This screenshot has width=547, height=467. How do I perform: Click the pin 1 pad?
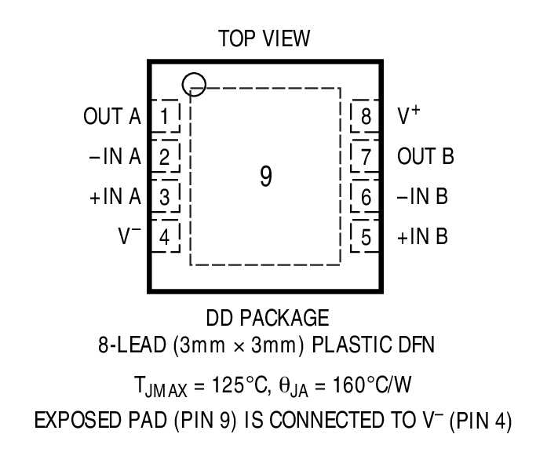tap(165, 118)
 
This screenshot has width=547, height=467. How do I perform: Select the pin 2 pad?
tap(165, 157)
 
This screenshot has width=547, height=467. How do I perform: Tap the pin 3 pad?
tap(165, 196)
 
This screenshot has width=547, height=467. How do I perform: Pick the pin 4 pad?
tap(165, 235)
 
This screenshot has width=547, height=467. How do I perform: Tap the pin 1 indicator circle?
tap(193, 83)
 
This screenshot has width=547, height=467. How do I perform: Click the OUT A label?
tap(111, 118)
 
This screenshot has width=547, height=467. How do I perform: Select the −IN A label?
tap(114, 157)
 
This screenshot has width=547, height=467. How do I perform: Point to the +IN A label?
tap(114, 196)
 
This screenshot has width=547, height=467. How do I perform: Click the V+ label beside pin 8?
tap(408, 116)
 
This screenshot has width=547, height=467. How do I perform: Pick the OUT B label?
tap(425, 157)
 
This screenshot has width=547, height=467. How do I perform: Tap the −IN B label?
tap(422, 196)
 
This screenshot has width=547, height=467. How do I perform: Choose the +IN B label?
tap(422, 235)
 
